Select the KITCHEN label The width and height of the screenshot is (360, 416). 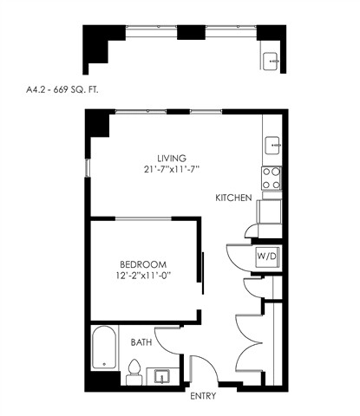click(234, 198)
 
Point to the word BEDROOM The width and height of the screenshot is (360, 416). click(143, 264)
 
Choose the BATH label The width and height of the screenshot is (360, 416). click(141, 343)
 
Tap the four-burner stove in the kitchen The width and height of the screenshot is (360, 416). click(271, 179)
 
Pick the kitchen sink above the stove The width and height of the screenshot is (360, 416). click(271, 144)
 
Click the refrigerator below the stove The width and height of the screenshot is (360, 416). click(271, 208)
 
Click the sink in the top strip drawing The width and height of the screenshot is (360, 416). click(270, 62)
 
